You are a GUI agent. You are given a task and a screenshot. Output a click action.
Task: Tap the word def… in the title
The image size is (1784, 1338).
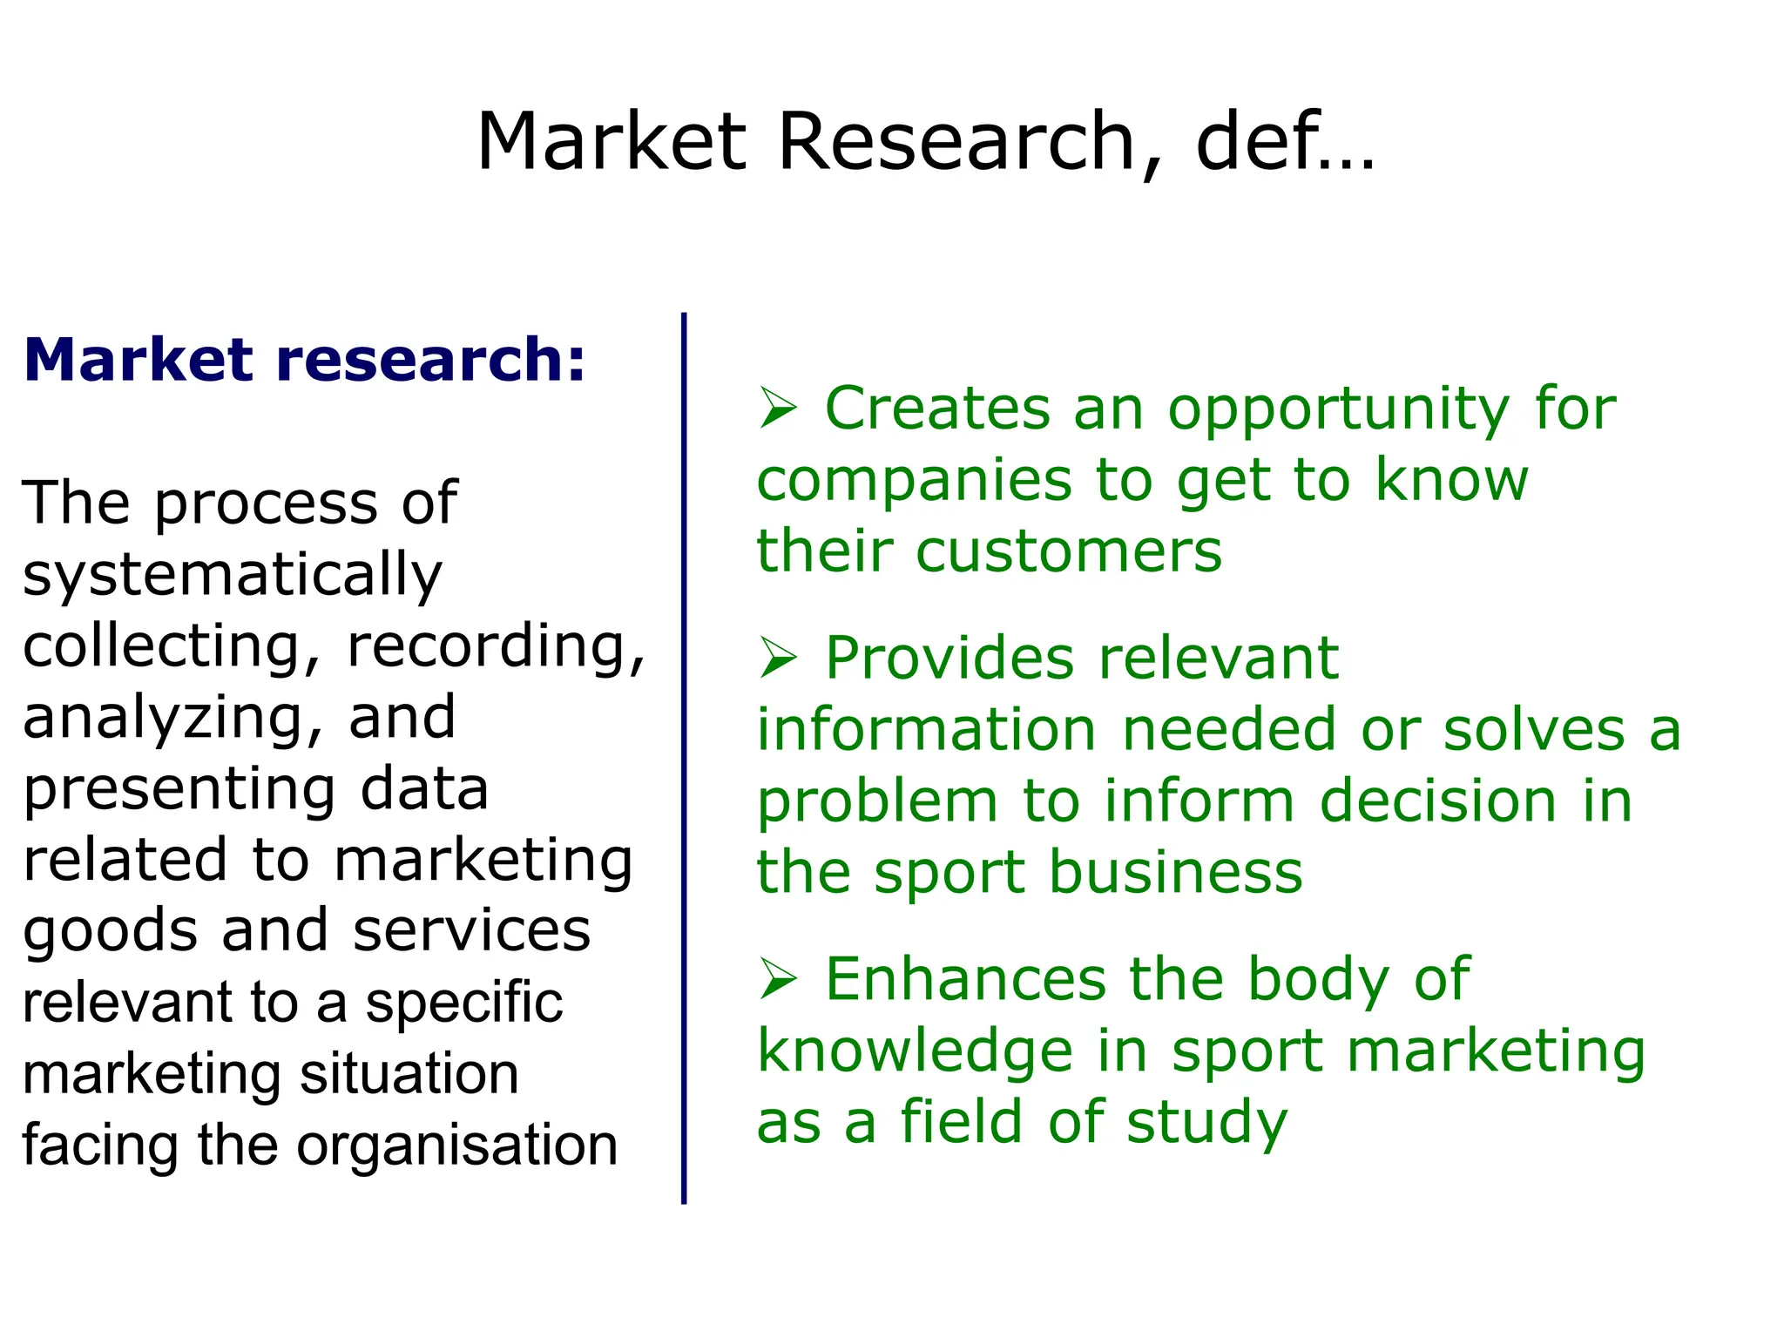(1285, 142)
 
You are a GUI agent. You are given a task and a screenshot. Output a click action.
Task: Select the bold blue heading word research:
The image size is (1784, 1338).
(431, 360)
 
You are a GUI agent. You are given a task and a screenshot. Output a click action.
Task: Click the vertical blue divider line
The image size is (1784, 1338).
(684, 758)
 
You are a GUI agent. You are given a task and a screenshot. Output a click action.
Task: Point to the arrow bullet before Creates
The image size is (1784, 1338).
(777, 408)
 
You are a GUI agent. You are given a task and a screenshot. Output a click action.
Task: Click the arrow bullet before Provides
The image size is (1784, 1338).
(777, 658)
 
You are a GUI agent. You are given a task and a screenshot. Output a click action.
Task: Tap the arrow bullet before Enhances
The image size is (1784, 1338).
(777, 978)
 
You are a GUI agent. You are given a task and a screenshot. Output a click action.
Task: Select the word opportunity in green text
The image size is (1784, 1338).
(1338, 409)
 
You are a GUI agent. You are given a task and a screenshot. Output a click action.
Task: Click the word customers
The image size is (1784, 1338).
(1069, 551)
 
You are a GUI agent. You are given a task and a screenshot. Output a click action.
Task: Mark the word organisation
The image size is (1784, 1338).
(456, 1145)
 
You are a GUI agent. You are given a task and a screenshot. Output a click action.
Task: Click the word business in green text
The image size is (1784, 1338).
(1175, 872)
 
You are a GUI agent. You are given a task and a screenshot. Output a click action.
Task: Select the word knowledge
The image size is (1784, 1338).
(915, 1052)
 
